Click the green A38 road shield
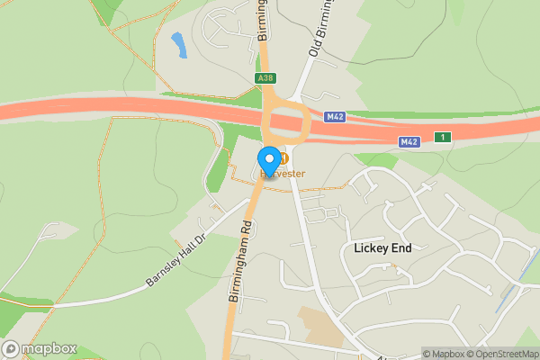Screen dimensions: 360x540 point(265,78)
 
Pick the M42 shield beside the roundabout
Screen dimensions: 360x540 point(336,117)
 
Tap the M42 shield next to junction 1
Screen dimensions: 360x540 point(409,141)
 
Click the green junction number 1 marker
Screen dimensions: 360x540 point(442,137)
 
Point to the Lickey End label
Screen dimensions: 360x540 point(375,247)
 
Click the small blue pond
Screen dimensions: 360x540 point(178,44)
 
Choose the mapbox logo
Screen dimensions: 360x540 point(40,349)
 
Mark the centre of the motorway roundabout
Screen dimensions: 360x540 point(286,122)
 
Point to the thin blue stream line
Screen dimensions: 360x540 point(513,288)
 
